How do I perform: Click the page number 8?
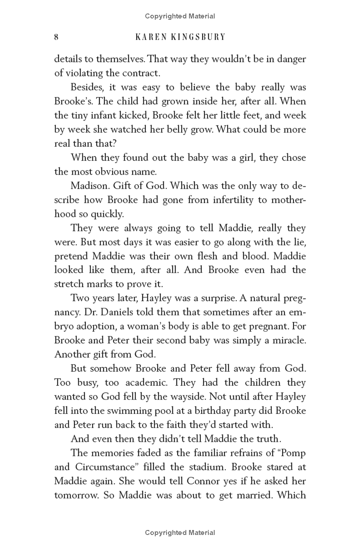point(56,37)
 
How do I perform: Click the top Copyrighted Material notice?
point(180,16)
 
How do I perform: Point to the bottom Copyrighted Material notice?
point(180,533)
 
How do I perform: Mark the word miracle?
point(283,340)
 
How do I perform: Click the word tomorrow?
point(75,495)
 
